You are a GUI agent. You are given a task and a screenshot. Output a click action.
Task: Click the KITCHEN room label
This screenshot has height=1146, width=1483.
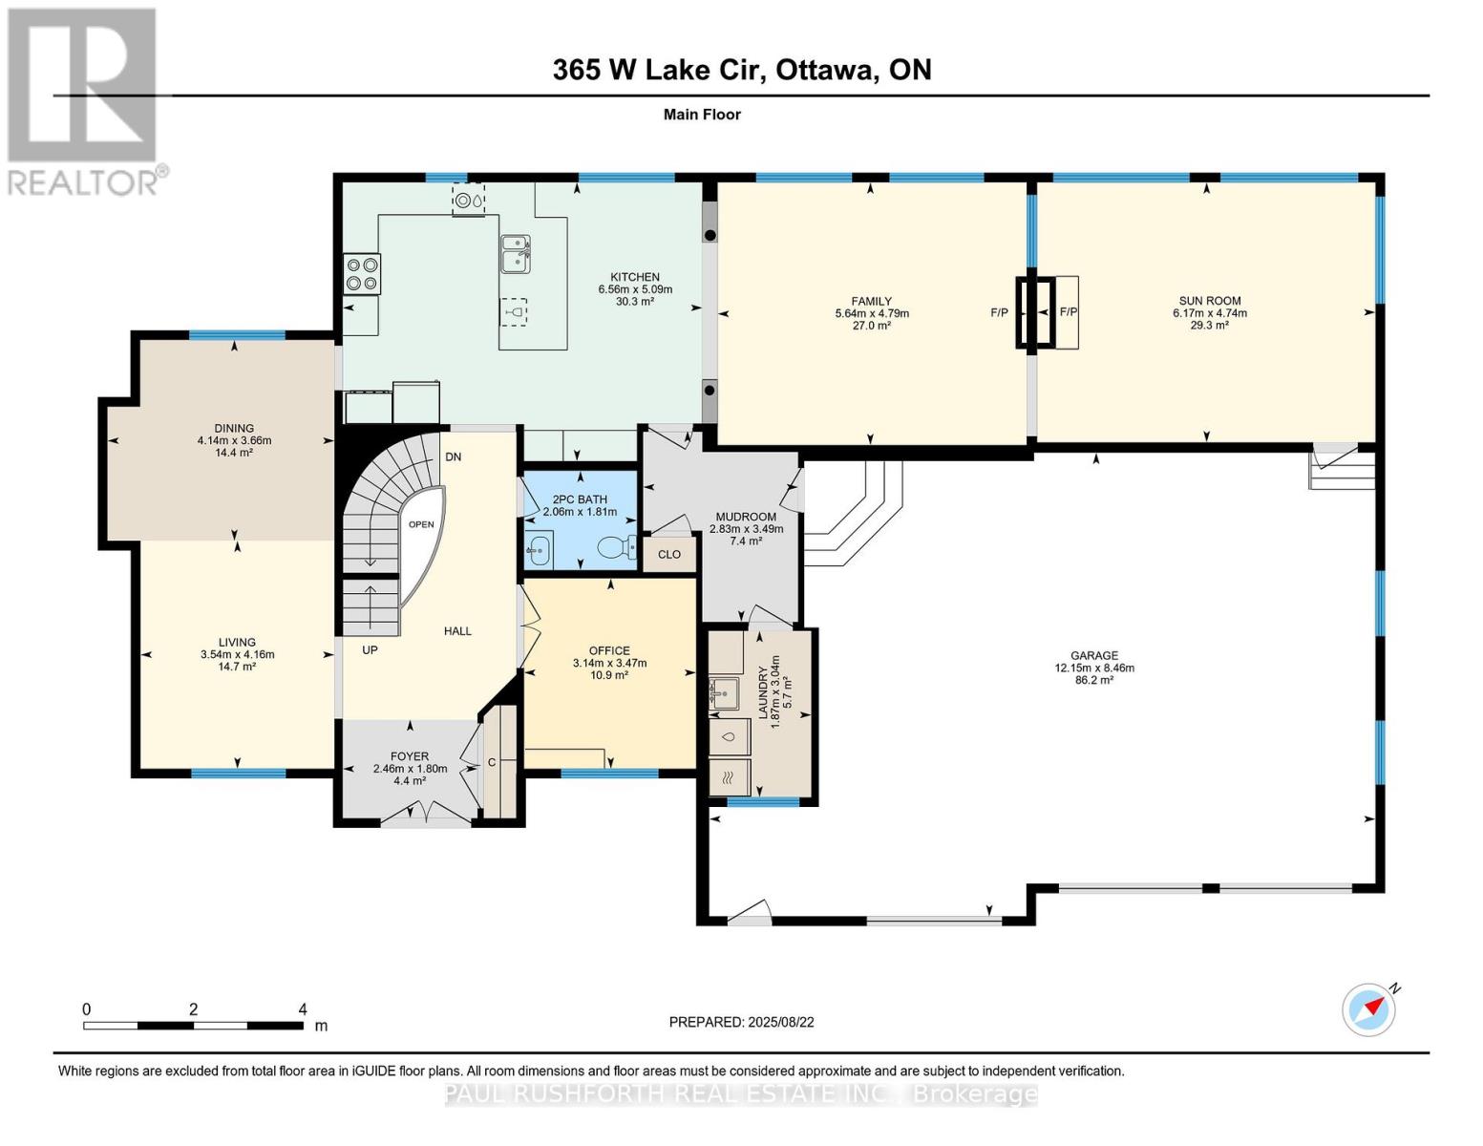click(635, 277)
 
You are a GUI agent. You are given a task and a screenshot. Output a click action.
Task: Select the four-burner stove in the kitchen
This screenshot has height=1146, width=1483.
click(362, 274)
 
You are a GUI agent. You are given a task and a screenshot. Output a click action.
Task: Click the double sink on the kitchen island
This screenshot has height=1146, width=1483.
click(516, 254)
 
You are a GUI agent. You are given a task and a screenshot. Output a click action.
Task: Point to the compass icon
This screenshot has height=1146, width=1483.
click(1368, 1009)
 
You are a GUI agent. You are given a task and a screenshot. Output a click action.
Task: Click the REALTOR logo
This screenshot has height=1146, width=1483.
click(84, 100)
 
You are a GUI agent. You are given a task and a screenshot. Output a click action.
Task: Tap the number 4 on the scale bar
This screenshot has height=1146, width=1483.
click(303, 1009)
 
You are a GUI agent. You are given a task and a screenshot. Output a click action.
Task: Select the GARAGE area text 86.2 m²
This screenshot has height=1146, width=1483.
click(1094, 680)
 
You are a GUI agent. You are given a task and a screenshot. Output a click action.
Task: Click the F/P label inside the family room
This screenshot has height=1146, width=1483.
click(999, 312)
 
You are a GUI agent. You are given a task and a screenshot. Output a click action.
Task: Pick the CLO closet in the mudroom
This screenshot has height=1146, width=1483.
click(669, 554)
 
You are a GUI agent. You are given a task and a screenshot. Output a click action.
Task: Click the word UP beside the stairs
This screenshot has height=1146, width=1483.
click(370, 649)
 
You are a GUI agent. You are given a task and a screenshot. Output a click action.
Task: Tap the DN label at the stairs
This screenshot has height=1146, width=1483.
click(453, 456)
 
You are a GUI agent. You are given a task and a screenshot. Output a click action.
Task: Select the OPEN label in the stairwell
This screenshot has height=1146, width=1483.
click(421, 524)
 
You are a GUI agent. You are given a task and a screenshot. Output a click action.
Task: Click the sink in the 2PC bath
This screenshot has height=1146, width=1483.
click(540, 550)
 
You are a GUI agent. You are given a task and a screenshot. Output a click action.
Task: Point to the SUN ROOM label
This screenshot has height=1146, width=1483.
click(1209, 301)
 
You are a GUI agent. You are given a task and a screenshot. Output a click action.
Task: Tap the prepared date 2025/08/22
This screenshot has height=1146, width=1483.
click(780, 1022)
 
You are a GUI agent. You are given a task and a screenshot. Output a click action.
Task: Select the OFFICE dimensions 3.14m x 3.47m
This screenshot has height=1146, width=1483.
click(609, 663)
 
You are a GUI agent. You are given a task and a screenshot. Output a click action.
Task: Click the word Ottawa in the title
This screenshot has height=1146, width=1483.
click(826, 70)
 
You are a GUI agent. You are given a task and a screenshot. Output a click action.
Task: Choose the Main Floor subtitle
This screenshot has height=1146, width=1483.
click(702, 115)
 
